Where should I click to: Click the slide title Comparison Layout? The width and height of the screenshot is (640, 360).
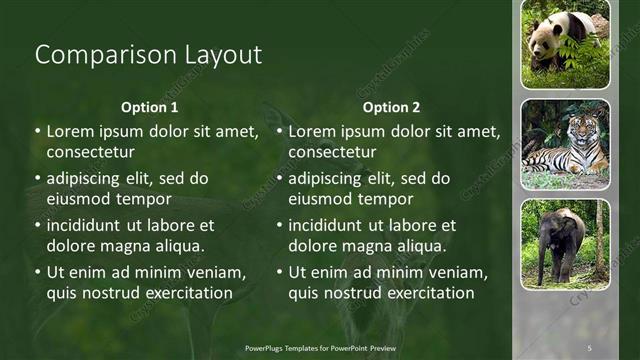(x=148, y=55)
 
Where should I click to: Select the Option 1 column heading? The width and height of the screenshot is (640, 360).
(x=150, y=107)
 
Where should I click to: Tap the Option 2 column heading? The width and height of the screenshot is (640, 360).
(x=392, y=107)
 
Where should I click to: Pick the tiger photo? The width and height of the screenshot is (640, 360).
(x=565, y=144)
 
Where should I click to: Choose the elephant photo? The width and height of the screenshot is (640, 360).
(x=565, y=244)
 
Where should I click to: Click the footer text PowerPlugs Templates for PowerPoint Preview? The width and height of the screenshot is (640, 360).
(x=321, y=346)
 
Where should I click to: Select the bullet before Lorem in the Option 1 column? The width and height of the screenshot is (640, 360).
(x=37, y=131)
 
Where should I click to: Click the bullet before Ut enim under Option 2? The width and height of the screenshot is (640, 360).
(x=279, y=272)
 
